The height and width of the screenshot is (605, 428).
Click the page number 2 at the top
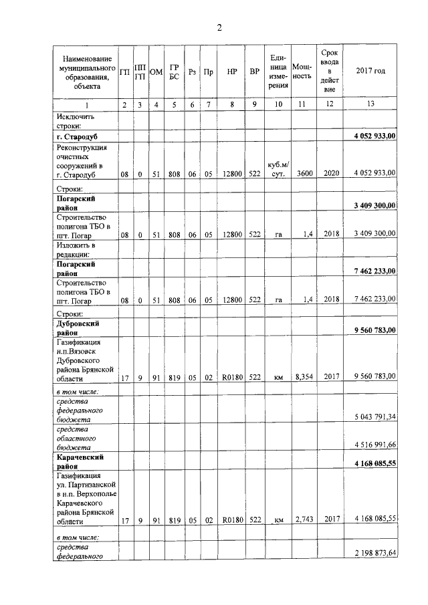(218, 27)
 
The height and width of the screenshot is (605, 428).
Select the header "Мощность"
(302, 71)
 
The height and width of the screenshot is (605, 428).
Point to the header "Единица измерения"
(278, 71)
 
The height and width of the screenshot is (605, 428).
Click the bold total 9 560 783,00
(374, 330)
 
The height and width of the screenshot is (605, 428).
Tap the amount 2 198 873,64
(374, 554)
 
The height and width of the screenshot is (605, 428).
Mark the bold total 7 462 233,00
(374, 271)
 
